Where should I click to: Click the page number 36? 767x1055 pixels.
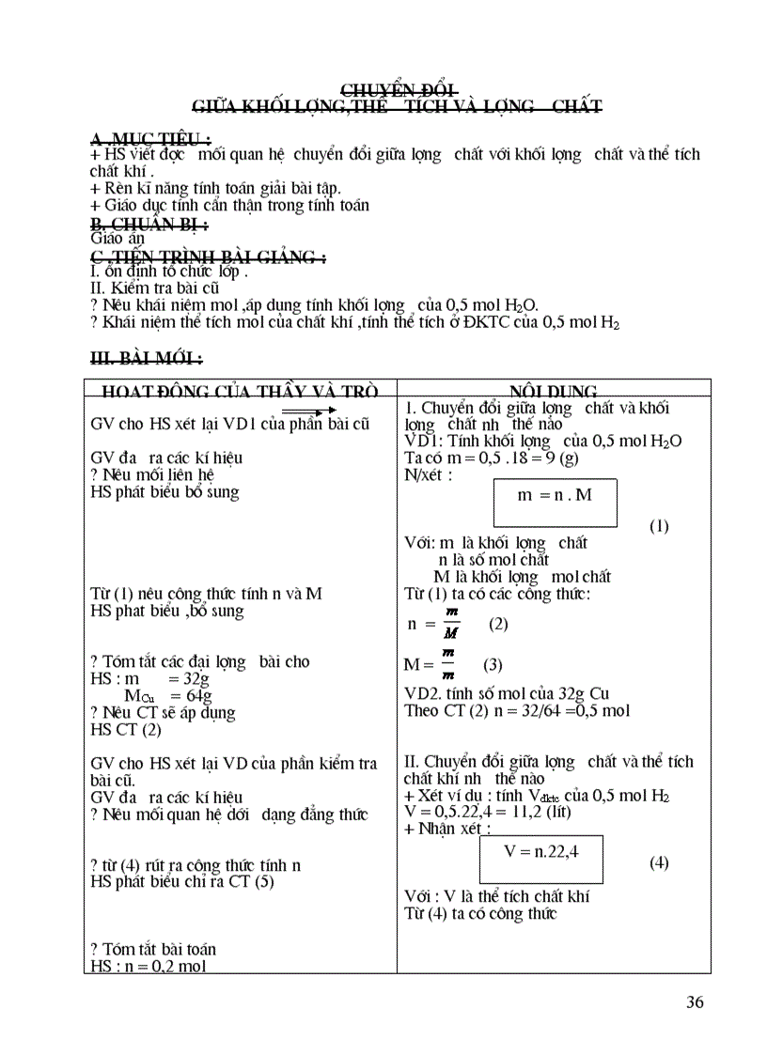click(x=695, y=1001)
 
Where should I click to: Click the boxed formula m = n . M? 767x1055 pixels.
click(x=556, y=493)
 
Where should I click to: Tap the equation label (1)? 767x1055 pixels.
click(x=659, y=526)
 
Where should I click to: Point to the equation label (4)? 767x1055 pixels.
click(x=659, y=862)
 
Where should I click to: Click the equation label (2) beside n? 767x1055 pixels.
click(x=498, y=623)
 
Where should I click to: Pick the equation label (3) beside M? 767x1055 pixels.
click(x=493, y=664)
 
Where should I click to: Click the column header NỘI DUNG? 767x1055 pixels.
click(x=553, y=391)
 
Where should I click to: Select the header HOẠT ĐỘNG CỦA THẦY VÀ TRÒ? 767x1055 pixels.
click(x=240, y=391)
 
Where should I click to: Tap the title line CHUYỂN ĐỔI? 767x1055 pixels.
click(x=397, y=89)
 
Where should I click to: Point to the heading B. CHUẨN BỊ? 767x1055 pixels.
click(x=149, y=223)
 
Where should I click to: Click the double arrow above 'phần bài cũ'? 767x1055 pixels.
click(x=308, y=411)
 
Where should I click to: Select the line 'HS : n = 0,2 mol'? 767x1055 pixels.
click(x=148, y=966)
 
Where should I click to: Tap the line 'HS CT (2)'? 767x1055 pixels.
click(x=126, y=729)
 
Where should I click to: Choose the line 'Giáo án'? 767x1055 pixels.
click(x=117, y=239)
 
